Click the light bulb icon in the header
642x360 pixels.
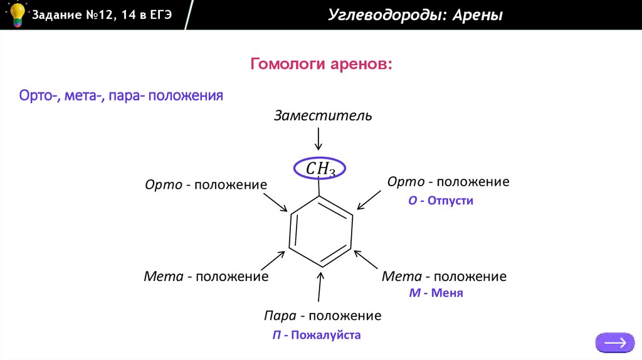click(17, 14)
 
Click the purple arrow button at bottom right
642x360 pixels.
click(614, 342)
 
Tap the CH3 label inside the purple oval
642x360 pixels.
click(320, 168)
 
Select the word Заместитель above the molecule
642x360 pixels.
click(324, 115)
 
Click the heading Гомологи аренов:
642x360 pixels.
click(322, 64)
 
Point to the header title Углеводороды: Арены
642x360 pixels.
click(415, 15)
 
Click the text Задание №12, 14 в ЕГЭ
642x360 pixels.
click(102, 15)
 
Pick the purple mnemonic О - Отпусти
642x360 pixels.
click(440, 201)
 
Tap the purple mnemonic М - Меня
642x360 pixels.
click(436, 293)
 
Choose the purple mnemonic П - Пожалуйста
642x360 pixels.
click(317, 336)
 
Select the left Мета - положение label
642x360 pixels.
click(206, 277)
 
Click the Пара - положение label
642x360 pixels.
click(322, 315)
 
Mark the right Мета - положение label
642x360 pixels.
click(445, 277)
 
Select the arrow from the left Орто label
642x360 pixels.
click(274, 203)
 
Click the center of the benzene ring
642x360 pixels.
click(321, 231)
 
